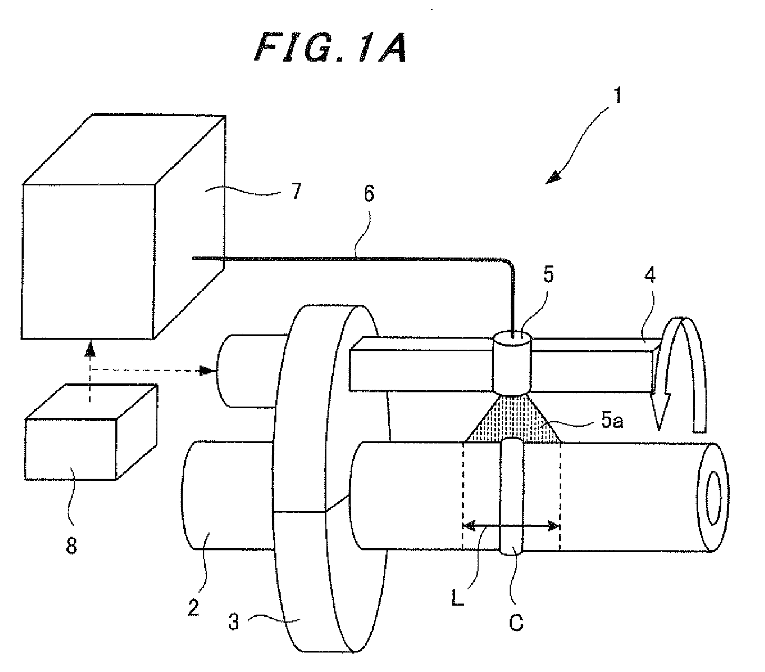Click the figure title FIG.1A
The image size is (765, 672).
click(331, 47)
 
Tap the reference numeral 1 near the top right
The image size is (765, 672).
click(617, 95)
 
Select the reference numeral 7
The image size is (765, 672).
click(296, 191)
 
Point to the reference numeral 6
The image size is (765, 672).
click(369, 193)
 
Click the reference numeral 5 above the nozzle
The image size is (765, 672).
click(548, 274)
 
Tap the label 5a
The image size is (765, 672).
click(612, 420)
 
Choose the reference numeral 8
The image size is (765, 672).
click(72, 546)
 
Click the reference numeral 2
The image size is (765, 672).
click(193, 608)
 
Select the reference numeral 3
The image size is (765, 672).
click(234, 621)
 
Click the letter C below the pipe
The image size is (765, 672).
click(516, 622)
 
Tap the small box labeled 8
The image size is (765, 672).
click(91, 432)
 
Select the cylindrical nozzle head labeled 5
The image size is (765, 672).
click(512, 361)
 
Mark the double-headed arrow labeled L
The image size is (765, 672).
click(511, 526)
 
